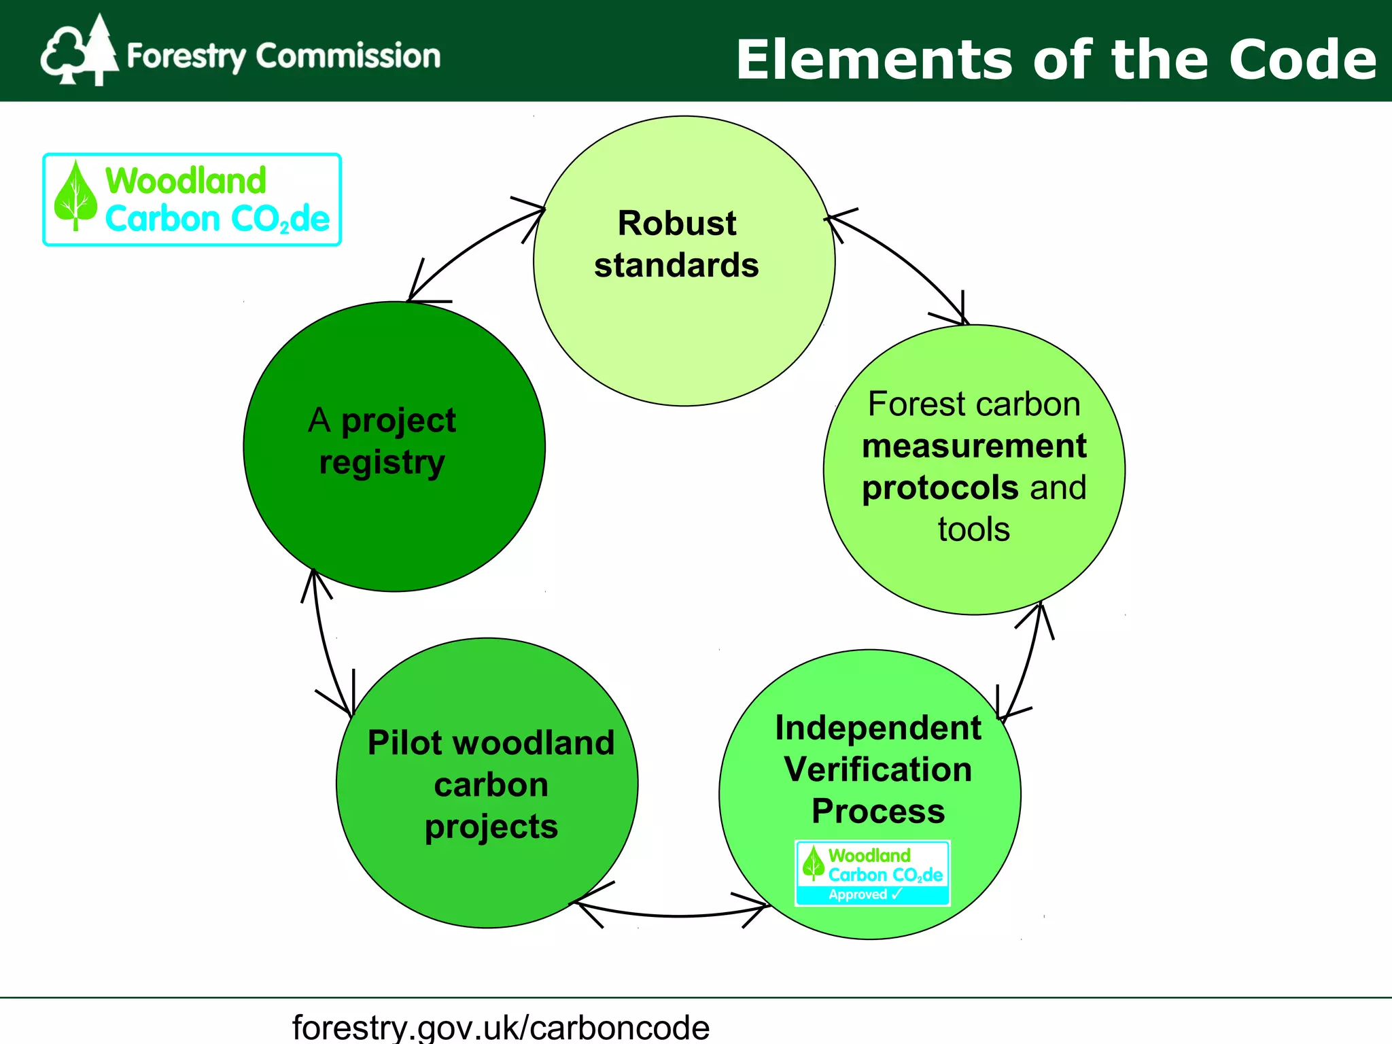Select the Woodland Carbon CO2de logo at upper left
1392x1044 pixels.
click(192, 199)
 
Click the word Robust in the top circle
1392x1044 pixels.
click(676, 223)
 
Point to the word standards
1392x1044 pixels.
click(676, 265)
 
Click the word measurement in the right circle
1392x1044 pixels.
click(973, 446)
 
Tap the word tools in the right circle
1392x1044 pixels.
click(973, 529)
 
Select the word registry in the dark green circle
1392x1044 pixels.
click(382, 463)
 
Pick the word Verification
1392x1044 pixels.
click(877, 769)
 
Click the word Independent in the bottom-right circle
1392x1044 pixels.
click(877, 728)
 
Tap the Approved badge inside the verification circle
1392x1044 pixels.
click(872, 873)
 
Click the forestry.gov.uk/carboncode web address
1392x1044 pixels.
click(501, 1026)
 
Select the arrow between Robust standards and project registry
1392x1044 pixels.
click(469, 248)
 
